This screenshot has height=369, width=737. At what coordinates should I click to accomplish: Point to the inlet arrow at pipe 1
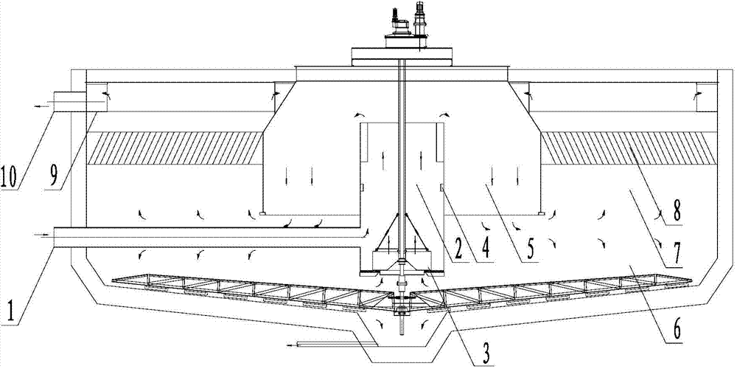(41, 233)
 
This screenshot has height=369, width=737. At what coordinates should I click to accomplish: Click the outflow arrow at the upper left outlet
(41, 106)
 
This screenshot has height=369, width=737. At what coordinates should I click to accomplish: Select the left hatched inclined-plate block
(175, 148)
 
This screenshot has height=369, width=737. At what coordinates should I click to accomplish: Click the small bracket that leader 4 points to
(443, 187)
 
